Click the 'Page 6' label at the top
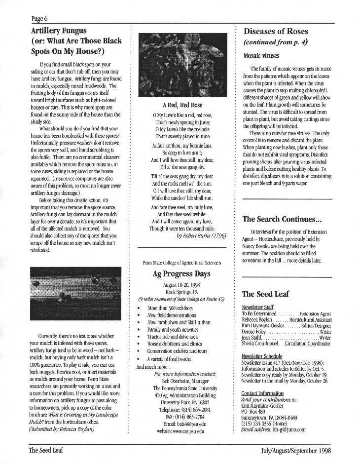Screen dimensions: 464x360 click(39, 19)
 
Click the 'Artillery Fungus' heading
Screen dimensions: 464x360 click(58, 31)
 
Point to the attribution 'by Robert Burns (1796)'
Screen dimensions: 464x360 click(201, 236)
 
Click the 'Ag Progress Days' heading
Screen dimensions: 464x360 click(181, 273)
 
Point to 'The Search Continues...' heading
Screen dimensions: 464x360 click(282, 219)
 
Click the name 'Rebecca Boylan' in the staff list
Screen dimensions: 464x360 click(256, 319)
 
